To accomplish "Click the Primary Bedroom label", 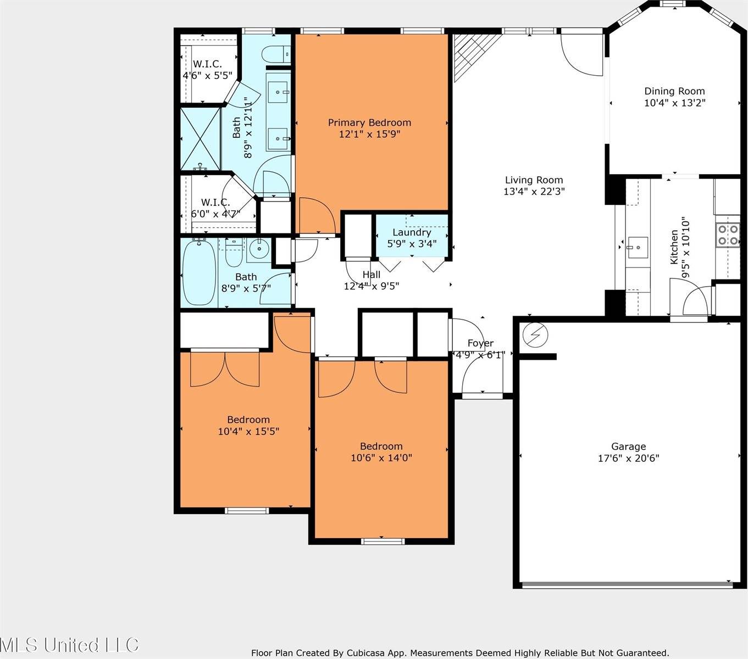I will click(369, 122).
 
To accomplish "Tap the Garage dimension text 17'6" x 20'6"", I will click(628, 458).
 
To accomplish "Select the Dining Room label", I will click(674, 91).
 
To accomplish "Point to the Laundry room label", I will click(412, 232).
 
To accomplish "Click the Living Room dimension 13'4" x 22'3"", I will click(534, 192).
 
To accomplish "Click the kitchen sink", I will click(638, 247).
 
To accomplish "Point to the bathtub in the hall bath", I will click(198, 273).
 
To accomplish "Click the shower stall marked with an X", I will click(200, 139).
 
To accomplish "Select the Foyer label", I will click(480, 343).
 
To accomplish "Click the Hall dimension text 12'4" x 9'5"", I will click(372, 286).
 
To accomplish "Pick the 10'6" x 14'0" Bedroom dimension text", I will click(381, 457).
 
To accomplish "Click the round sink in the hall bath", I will click(258, 250).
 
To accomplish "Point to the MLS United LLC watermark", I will click(70, 644).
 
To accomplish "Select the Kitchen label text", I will click(674, 247).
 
